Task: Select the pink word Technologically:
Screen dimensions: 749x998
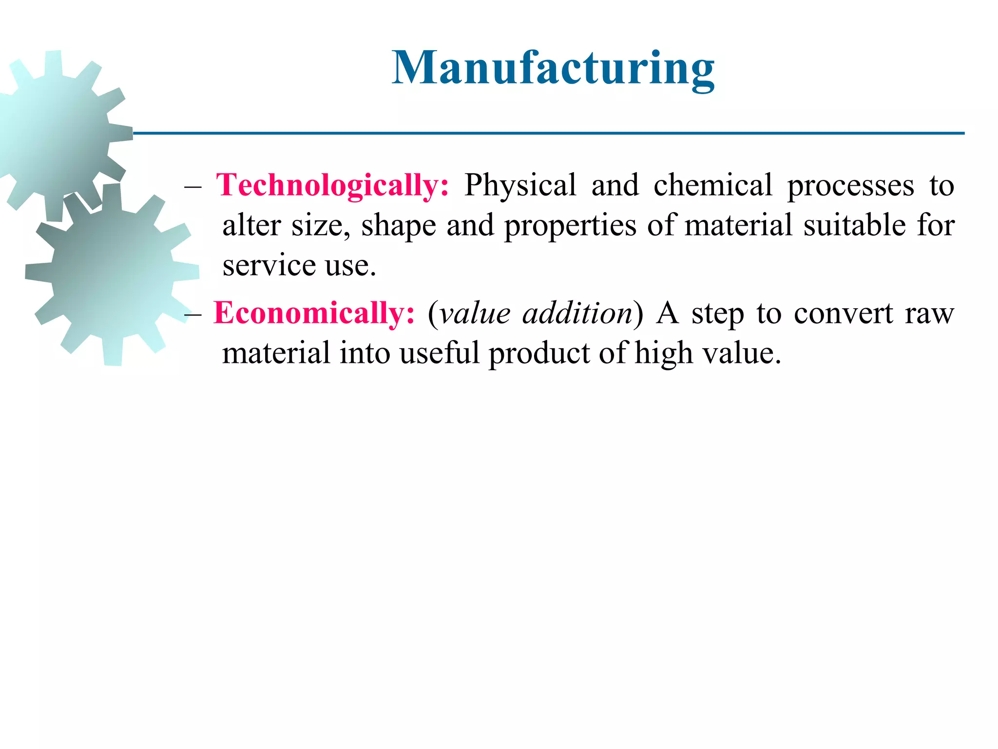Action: [x=333, y=186]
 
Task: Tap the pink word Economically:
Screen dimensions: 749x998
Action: [x=314, y=313]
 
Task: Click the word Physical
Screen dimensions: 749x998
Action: [x=520, y=186]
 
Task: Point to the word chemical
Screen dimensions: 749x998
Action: [x=713, y=186]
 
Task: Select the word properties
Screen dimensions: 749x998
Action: [x=570, y=226]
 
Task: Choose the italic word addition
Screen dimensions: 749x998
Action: [x=577, y=313]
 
